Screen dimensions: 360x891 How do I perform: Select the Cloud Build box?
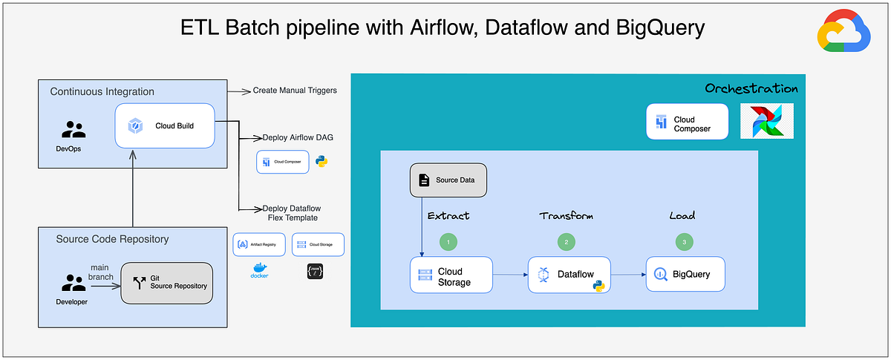[x=165, y=125]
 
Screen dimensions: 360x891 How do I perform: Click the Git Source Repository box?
[x=166, y=282]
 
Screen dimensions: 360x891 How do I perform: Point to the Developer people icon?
[x=74, y=283]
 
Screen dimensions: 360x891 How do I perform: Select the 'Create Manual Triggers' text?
[x=294, y=91]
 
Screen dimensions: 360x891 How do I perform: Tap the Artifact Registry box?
[x=258, y=244]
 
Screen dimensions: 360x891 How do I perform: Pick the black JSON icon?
[x=314, y=272]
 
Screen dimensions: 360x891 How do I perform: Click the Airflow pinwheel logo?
[x=767, y=121]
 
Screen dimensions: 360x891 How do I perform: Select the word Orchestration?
[x=751, y=88]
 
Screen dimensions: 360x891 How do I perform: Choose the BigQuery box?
[x=685, y=274]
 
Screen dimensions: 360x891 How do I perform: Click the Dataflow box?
[x=569, y=275]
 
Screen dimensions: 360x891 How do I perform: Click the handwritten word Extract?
[x=448, y=216]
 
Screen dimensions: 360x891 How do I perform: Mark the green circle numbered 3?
[x=685, y=241]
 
